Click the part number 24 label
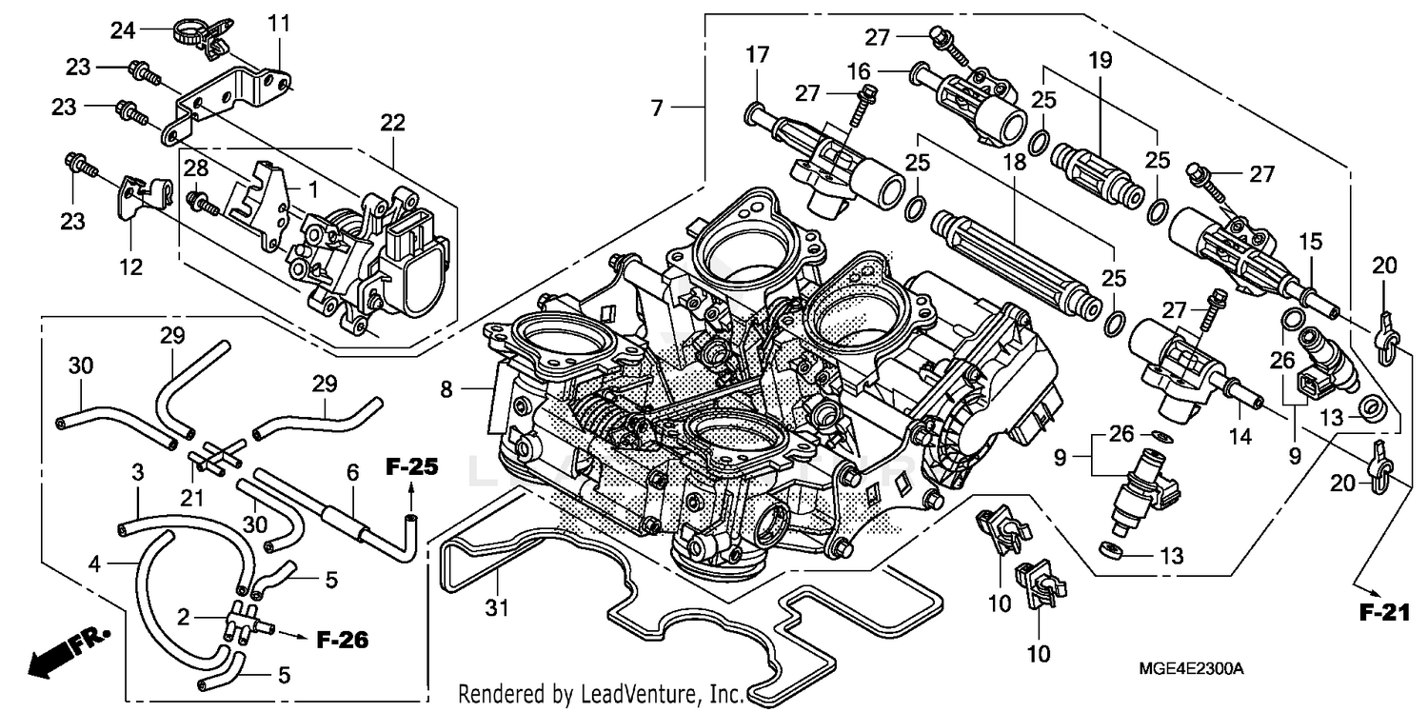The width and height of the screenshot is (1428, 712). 122,30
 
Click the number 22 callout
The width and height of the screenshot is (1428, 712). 392,123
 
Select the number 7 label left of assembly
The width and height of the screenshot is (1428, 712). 657,109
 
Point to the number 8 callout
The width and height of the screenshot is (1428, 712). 446,387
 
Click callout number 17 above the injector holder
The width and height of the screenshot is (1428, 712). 757,57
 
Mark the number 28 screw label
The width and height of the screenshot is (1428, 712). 195,169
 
